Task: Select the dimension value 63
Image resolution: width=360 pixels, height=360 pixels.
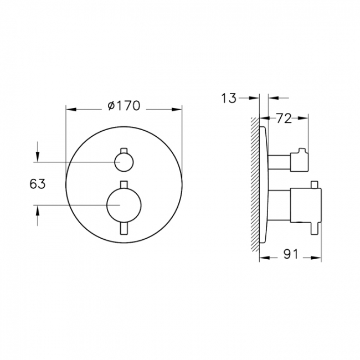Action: click(x=37, y=184)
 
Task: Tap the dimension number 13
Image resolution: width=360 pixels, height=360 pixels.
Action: click(x=229, y=99)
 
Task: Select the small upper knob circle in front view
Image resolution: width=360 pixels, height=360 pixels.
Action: click(x=124, y=162)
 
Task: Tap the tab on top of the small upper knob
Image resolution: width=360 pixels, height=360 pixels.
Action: click(x=124, y=151)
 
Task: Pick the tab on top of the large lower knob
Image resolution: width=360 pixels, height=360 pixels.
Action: click(x=124, y=184)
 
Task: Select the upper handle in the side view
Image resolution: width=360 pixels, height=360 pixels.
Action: click(x=288, y=161)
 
